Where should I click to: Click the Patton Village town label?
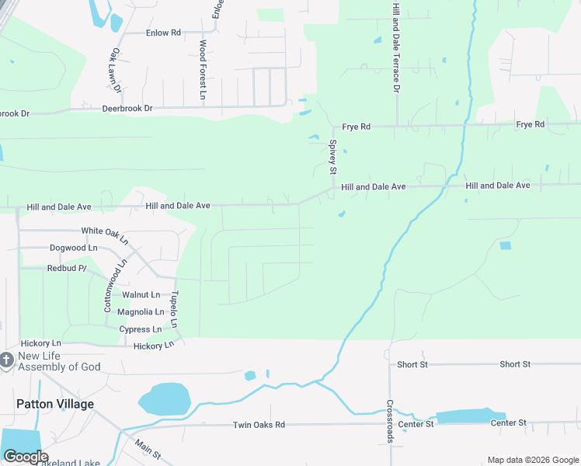(x=55, y=404)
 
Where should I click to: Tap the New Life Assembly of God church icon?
(x=6, y=360)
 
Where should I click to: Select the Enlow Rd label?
(x=163, y=33)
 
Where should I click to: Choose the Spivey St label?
(x=332, y=157)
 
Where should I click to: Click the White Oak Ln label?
(x=104, y=231)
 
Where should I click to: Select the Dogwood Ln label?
(x=74, y=248)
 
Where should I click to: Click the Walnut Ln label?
(x=141, y=295)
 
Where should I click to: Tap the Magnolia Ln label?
(x=141, y=312)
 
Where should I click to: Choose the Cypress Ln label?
(x=140, y=329)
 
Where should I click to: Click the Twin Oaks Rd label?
(x=259, y=425)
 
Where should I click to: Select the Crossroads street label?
(x=390, y=422)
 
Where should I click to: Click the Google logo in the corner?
(x=26, y=457)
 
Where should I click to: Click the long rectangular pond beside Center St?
(x=471, y=416)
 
